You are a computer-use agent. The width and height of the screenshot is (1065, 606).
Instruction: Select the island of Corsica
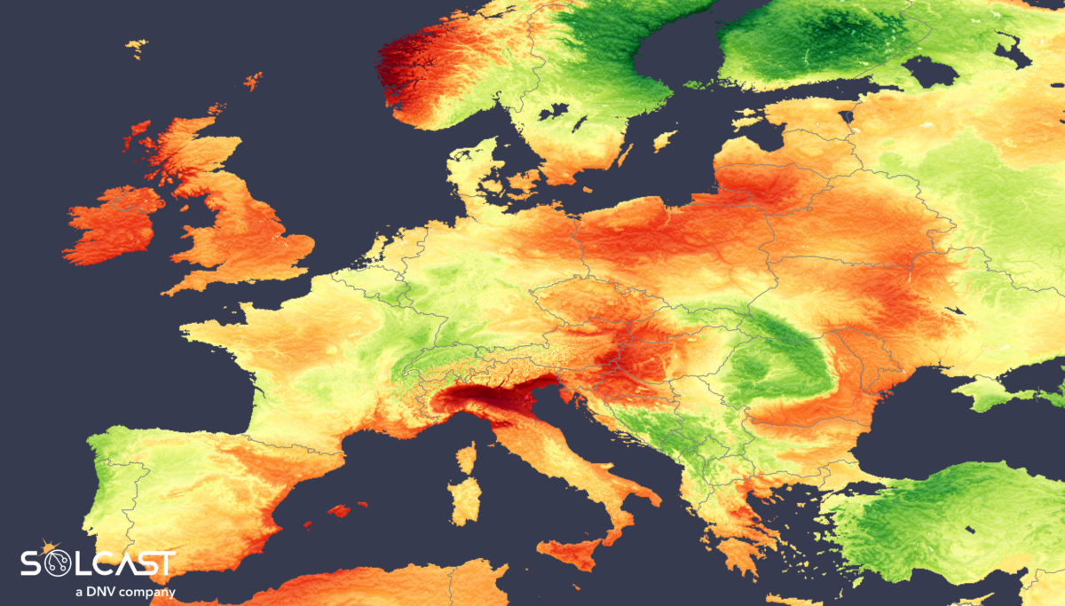pyautogui.click(x=466, y=457)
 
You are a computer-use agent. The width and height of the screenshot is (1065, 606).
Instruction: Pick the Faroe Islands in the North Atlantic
pyautogui.click(x=136, y=46)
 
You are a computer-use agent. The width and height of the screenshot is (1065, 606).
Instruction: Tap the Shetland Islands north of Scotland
pyautogui.click(x=254, y=82)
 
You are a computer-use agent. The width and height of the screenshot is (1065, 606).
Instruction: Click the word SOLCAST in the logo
pyautogui.click(x=98, y=563)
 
